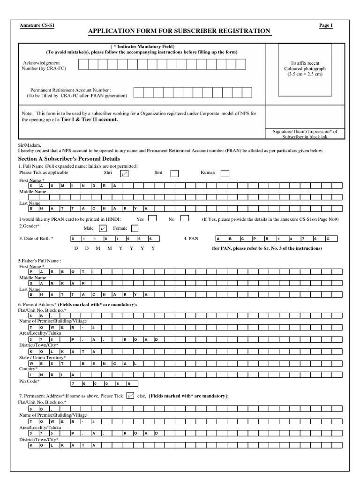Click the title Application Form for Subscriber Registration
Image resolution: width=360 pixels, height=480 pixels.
click(180, 31)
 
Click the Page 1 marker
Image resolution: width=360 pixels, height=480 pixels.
click(325, 25)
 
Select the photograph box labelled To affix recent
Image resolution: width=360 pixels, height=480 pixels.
click(305, 68)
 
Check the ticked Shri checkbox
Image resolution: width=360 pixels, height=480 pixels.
click(124, 173)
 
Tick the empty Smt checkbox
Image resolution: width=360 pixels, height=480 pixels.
click(174, 173)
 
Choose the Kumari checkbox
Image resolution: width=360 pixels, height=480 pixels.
click(225, 173)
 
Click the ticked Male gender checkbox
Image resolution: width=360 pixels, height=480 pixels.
click(103, 228)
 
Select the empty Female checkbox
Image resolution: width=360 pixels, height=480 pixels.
click(135, 228)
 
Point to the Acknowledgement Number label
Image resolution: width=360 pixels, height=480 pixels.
click(42, 65)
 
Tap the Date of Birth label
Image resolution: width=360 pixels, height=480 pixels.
click(36, 239)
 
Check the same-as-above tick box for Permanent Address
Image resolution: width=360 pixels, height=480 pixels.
click(131, 396)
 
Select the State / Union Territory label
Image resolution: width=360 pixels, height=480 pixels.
click(42, 357)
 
